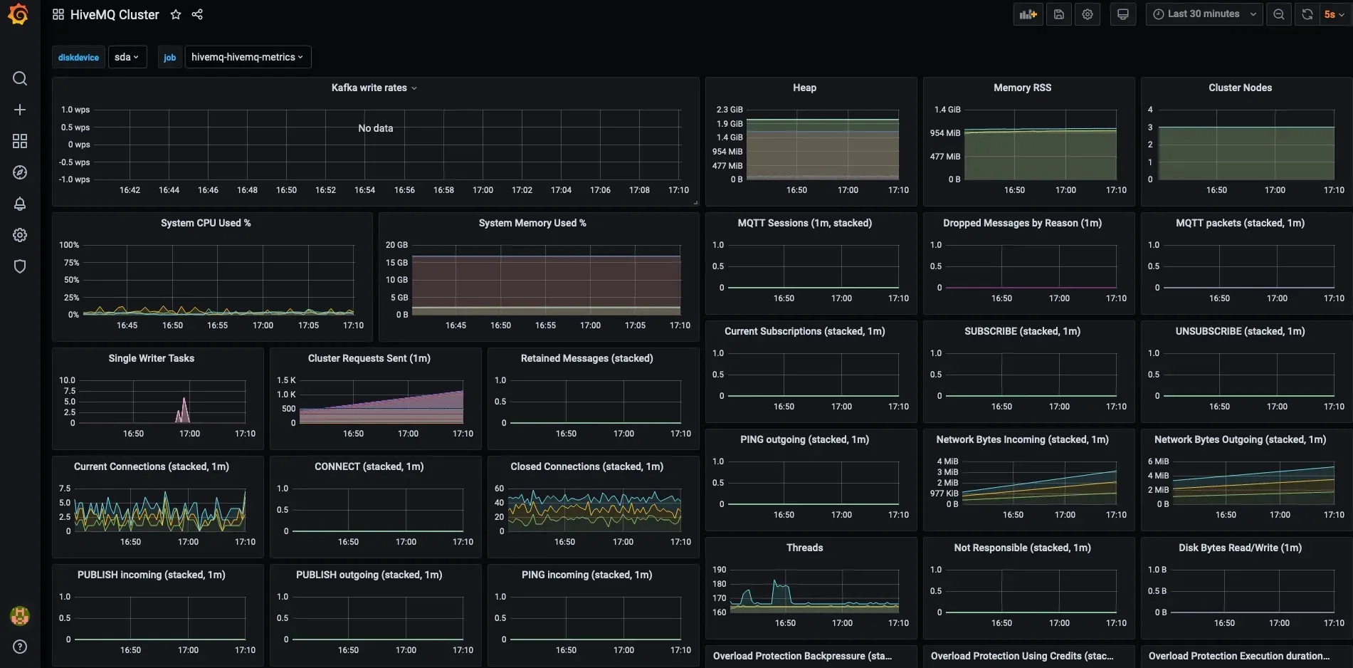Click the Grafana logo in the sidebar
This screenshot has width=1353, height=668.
pyautogui.click(x=19, y=14)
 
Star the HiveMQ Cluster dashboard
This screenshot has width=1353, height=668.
pyautogui.click(x=176, y=14)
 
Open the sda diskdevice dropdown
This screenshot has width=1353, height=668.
pyautogui.click(x=127, y=57)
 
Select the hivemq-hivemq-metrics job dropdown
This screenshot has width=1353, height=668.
pyautogui.click(x=248, y=57)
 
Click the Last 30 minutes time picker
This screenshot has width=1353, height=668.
pyautogui.click(x=1204, y=14)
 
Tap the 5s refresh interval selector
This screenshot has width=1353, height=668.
pyautogui.click(x=1333, y=14)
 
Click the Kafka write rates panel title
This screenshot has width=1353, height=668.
pyautogui.click(x=369, y=88)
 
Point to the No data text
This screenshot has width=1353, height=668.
pyautogui.click(x=376, y=128)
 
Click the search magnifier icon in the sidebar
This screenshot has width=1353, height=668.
pyautogui.click(x=20, y=78)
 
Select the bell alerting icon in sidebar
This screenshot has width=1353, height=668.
pyautogui.click(x=20, y=204)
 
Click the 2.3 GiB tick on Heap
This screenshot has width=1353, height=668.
pyautogui.click(x=730, y=110)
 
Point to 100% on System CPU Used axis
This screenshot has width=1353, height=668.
pyautogui.click(x=69, y=245)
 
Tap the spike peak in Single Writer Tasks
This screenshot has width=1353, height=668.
pyautogui.click(x=184, y=397)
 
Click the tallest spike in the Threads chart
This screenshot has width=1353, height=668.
pyautogui.click(x=774, y=580)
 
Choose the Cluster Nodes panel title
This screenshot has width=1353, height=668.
pyautogui.click(x=1240, y=88)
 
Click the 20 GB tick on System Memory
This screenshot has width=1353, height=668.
pyautogui.click(x=396, y=245)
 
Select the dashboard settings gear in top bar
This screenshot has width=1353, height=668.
pyautogui.click(x=1088, y=14)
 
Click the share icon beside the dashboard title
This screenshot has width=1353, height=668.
pyautogui.click(x=197, y=14)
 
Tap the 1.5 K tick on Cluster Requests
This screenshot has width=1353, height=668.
pyautogui.click(x=286, y=380)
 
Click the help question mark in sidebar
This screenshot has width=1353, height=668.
pyautogui.click(x=20, y=647)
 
